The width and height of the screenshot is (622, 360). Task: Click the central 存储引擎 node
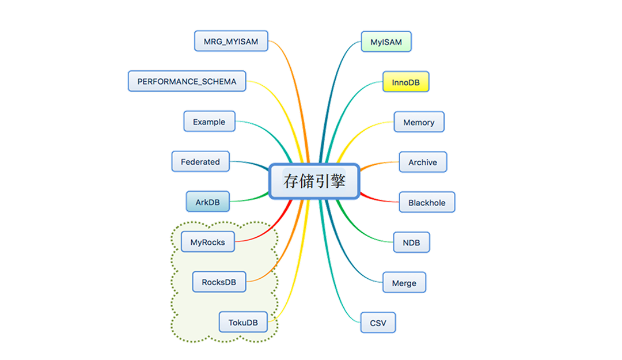pyautogui.click(x=314, y=181)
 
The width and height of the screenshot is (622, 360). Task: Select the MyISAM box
pyautogui.click(x=386, y=42)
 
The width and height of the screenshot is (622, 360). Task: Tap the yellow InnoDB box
pyautogui.click(x=405, y=82)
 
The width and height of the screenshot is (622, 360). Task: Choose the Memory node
pyautogui.click(x=419, y=122)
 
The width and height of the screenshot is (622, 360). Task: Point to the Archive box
pyautogui.click(x=423, y=162)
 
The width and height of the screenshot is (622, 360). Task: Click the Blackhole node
pyautogui.click(x=427, y=203)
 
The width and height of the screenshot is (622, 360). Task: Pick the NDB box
pyautogui.click(x=411, y=242)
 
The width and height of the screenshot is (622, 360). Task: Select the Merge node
pyautogui.click(x=404, y=283)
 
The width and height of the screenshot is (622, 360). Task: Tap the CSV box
pyautogui.click(x=378, y=323)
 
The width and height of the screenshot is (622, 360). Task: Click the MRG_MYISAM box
pyautogui.click(x=231, y=41)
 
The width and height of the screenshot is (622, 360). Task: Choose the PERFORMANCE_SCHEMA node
pyautogui.click(x=187, y=82)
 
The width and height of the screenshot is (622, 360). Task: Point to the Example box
pyautogui.click(x=209, y=122)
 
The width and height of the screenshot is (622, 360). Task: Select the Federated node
pyautogui.click(x=200, y=162)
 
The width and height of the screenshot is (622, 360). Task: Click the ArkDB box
pyautogui.click(x=208, y=203)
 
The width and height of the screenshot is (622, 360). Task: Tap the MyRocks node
pyautogui.click(x=207, y=242)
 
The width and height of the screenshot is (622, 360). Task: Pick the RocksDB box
pyautogui.click(x=219, y=282)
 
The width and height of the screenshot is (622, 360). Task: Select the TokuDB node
pyautogui.click(x=243, y=323)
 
